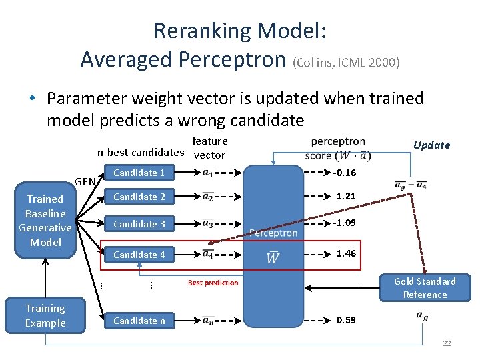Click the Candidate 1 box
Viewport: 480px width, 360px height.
point(139,173)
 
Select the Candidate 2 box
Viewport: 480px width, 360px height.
point(139,197)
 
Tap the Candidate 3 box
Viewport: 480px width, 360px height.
point(139,224)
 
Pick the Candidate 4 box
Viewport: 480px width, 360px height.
point(139,255)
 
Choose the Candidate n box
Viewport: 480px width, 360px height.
point(139,321)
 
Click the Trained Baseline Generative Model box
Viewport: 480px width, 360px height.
point(45,220)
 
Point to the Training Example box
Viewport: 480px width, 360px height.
point(45,315)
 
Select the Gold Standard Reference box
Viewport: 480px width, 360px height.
point(425,288)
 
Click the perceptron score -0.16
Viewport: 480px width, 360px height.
point(345,173)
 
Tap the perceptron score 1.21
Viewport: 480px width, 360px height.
point(346,197)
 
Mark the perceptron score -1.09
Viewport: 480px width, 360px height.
point(345,223)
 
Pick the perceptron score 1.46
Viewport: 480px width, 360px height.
point(346,254)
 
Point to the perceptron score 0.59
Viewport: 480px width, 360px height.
point(346,320)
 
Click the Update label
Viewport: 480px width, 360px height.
point(431,145)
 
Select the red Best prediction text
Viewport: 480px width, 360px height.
point(213,283)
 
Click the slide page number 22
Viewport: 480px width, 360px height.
point(447,343)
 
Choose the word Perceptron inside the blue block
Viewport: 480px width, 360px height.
point(273,233)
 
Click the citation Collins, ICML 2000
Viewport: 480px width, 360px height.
point(346,63)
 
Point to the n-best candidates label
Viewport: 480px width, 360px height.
point(139,152)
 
